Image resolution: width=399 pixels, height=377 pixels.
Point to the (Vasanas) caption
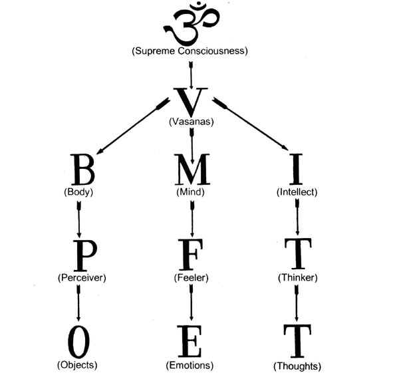(x=192, y=122)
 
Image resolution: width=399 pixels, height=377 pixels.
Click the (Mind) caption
(x=192, y=192)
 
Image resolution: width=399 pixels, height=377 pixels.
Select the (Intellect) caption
(x=297, y=192)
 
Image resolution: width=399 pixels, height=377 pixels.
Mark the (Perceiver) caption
(x=80, y=277)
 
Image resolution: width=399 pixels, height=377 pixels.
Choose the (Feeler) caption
(x=192, y=277)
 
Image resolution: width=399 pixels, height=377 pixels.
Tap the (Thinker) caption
(x=297, y=277)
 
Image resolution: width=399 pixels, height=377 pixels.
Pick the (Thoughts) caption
(x=297, y=366)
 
